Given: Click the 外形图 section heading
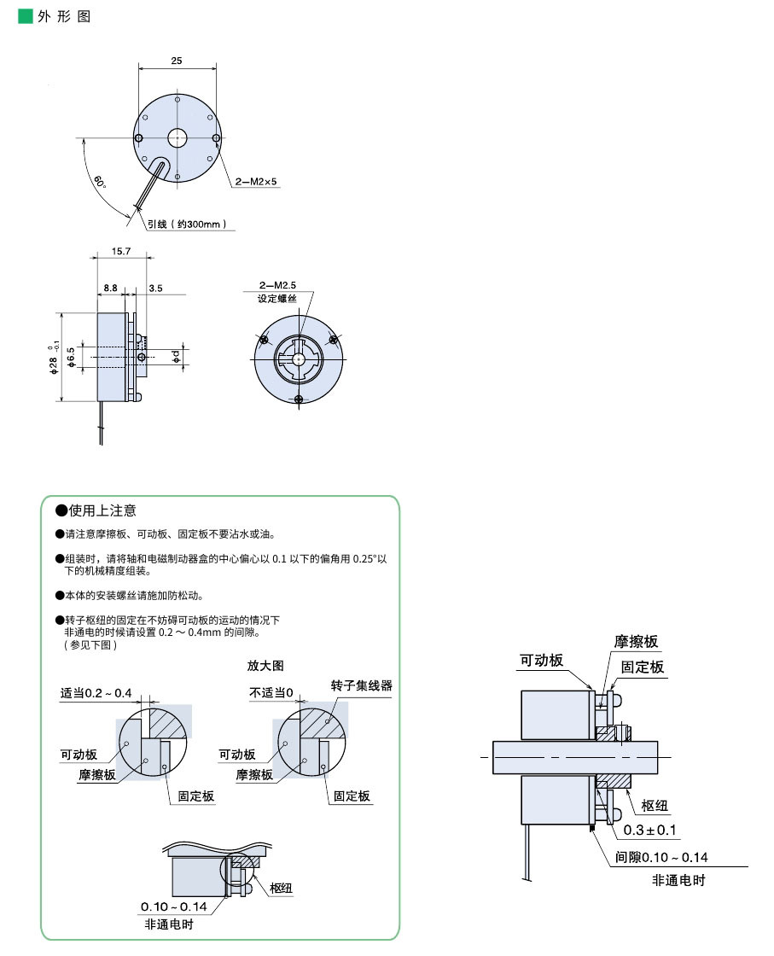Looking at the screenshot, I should coord(63,17).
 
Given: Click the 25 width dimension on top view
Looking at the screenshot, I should coord(176,61).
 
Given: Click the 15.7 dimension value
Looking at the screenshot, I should coord(121,251).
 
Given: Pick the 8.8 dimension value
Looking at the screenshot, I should coord(110,289).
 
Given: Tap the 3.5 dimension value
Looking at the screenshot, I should coord(155,289).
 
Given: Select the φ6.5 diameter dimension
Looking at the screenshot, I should coord(72,358).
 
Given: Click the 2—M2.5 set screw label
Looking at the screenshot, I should coord(279,284).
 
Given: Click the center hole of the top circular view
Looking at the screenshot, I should coord(177,137).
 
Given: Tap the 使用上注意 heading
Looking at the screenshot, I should coord(102,510).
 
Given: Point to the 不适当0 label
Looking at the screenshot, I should coord(271,691).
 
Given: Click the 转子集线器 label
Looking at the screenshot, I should coord(362,685).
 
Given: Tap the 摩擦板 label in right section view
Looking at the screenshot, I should coord(636,642).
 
